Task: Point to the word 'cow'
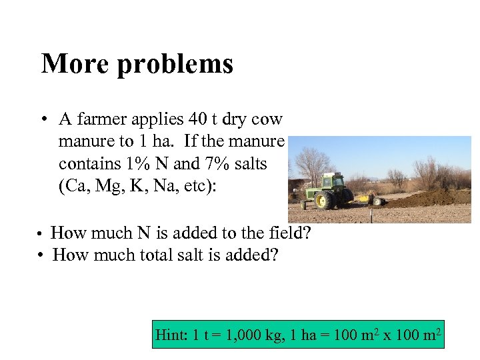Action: coord(268,120)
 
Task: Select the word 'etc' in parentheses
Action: coord(200,186)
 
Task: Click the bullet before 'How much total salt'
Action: coord(41,255)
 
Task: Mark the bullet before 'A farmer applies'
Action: coord(42,121)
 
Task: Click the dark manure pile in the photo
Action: coord(433,198)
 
